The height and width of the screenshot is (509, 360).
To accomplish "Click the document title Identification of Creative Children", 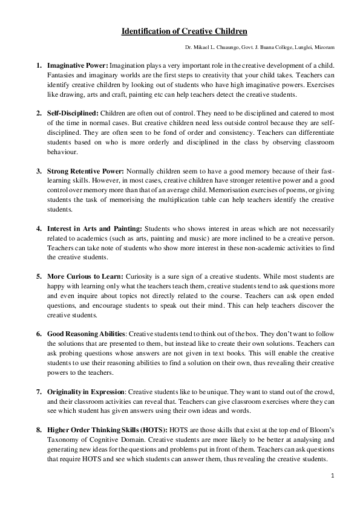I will [184, 31].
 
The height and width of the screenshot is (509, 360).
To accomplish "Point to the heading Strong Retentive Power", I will [85, 171].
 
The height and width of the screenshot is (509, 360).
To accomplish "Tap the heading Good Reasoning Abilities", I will [86, 334].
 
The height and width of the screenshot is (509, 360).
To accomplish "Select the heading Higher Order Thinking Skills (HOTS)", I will [106, 430].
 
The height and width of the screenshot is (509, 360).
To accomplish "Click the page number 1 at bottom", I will [333, 476].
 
